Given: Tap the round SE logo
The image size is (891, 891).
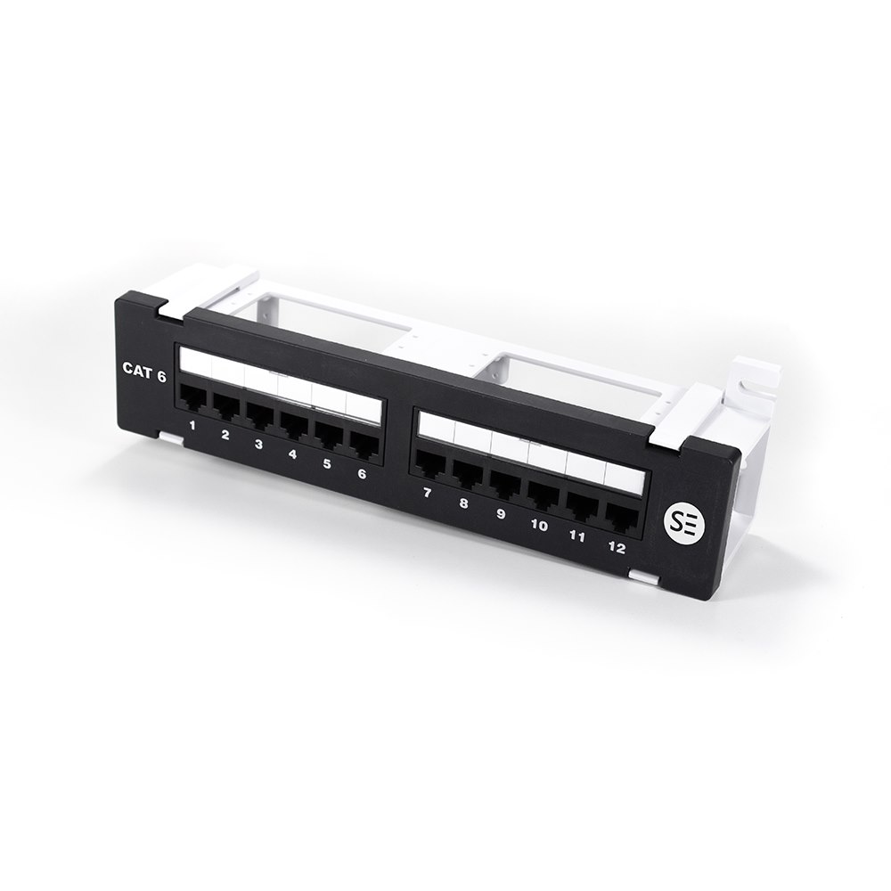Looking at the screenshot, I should click(x=683, y=523).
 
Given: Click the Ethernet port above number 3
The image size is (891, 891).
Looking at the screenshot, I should click(x=259, y=415).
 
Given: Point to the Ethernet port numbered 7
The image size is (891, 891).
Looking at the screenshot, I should click(x=431, y=463).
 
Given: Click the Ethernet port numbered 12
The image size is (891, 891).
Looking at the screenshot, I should click(x=619, y=515).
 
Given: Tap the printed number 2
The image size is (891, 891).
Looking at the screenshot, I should click(x=225, y=435).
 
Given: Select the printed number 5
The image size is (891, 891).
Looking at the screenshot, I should click(x=327, y=463).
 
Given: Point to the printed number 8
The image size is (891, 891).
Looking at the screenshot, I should click(x=463, y=503).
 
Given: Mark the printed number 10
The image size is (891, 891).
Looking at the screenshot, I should click(x=539, y=525).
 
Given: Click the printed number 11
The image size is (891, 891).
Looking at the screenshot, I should click(x=577, y=536).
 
